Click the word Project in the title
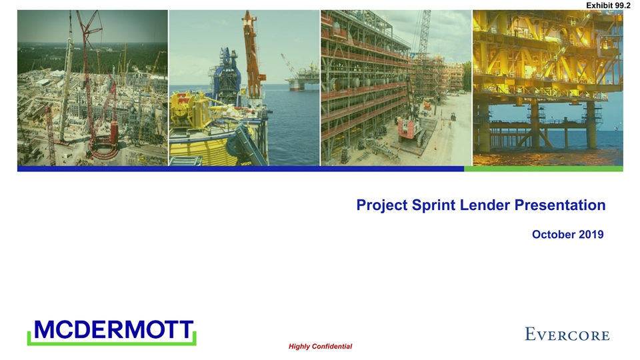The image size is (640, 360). tap(381, 205)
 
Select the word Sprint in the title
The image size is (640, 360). tap(433, 205)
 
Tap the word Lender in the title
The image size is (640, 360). tap(485, 205)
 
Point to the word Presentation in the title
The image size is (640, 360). tap(560, 205)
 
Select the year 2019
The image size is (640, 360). tap(591, 234)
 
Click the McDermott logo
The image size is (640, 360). tap(112, 332)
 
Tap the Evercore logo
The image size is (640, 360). tap(567, 334)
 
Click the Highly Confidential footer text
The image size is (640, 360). tap(321, 347)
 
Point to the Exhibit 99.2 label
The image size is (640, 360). tap(608, 5)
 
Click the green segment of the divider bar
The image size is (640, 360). tap(544, 169)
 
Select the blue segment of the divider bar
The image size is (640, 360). tap(241, 169)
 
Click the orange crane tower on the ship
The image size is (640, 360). tap(253, 53)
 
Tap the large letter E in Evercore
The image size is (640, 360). tap(530, 333)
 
